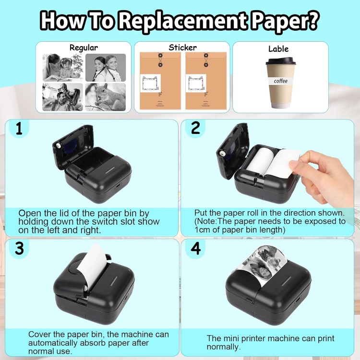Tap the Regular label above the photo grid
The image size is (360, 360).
pos(84,48)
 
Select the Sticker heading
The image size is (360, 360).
pos(182,48)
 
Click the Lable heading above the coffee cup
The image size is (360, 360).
pos(278,48)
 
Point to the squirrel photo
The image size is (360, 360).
pos(106,97)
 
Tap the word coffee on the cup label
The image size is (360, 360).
pos(281,81)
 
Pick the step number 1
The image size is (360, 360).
pos(19,128)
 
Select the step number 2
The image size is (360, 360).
pos(195,128)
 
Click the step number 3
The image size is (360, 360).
pos(19,249)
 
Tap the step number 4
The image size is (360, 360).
pos(196,249)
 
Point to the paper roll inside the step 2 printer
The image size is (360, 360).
pos(260,161)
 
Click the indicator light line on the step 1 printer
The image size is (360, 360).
pos(111,170)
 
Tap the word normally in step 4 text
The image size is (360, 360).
pos(223,347)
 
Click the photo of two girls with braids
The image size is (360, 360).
pos(106,68)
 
